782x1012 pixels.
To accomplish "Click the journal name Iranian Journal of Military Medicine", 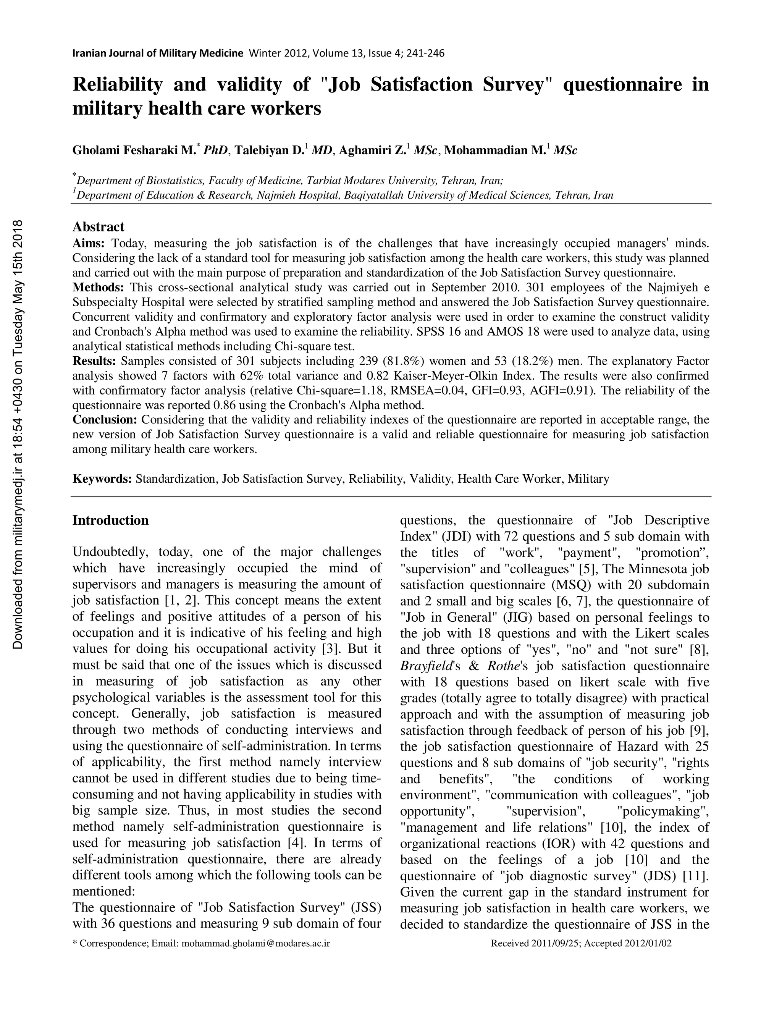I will (x=158, y=53).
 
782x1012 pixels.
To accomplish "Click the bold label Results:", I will (x=94, y=361).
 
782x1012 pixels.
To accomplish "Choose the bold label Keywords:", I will (x=102, y=479).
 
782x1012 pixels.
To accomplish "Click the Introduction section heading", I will (x=110, y=521).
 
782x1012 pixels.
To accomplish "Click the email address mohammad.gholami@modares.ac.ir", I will (x=256, y=943).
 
